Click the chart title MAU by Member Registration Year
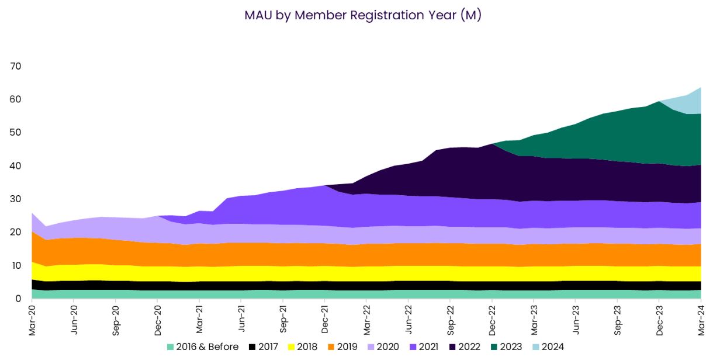(362, 16)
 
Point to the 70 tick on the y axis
(15, 67)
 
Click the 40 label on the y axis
(15, 166)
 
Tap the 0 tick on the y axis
(18, 299)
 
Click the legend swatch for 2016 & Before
(171, 347)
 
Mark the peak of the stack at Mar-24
(701, 88)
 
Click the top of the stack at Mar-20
(32, 213)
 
